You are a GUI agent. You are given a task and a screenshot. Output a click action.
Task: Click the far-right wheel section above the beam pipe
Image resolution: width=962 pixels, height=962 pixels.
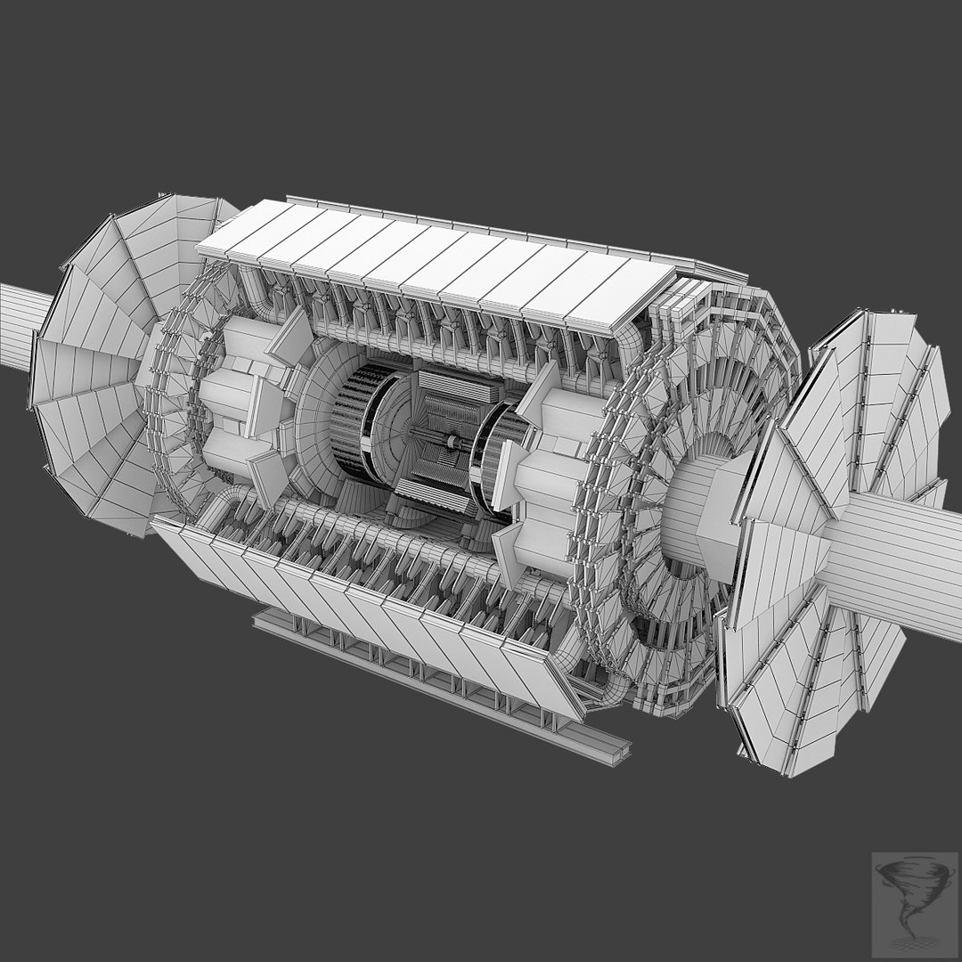[909, 392]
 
